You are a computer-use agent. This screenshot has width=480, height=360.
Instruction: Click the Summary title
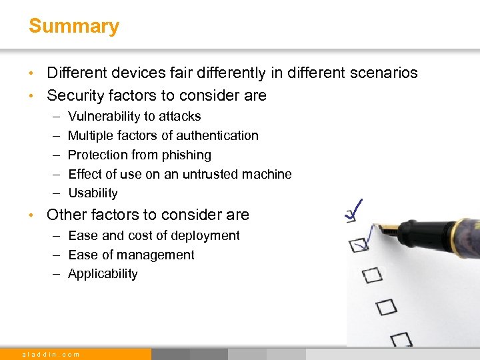pos(73,27)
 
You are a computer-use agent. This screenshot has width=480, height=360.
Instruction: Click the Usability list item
pos(93,193)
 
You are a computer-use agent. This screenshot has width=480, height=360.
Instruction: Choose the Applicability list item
pos(103,274)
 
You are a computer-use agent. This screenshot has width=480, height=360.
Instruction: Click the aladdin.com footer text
pos(51,355)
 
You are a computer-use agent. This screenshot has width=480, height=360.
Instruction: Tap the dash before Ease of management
pos(55,255)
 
